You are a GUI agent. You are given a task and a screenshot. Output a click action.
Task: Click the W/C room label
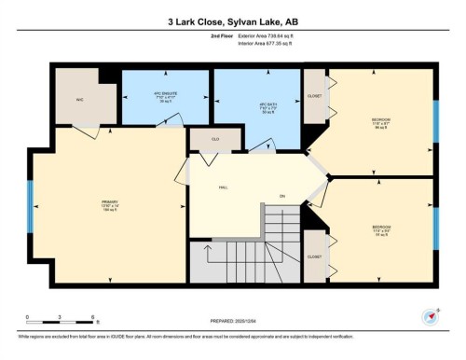[81, 99]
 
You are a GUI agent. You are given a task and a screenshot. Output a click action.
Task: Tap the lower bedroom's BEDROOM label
[381, 228]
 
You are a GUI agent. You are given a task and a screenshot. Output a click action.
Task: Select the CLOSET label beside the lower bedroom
[314, 256]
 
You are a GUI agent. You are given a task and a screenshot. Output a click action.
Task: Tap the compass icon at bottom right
[431, 315]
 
